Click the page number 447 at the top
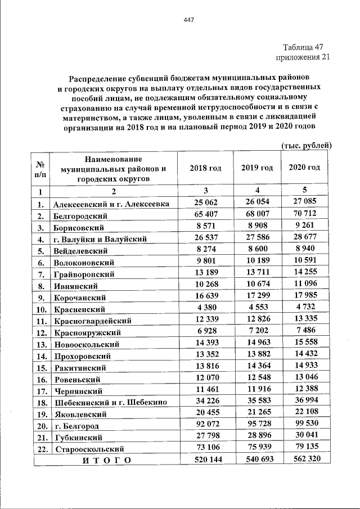pos(188,21)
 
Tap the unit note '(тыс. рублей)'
pos(307,146)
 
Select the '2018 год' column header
pos(205,168)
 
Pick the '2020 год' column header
pos(304,168)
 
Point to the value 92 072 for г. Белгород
pos(205,426)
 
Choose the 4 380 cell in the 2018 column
pos(205,308)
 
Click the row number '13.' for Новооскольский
pos(40,344)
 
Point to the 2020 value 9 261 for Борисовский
pos(304,226)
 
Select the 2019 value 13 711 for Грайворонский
pos(256,273)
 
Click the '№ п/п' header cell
pos(40,169)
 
